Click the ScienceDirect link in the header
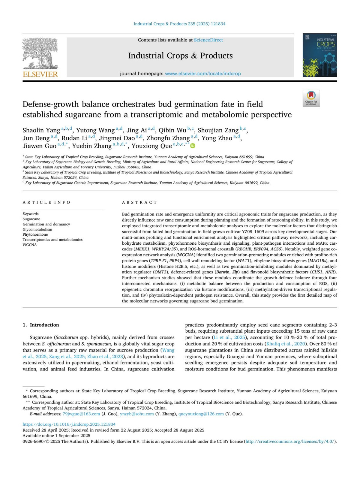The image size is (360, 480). point(208,40)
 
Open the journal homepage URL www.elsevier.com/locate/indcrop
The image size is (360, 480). point(203,74)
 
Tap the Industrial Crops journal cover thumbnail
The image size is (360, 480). point(319,56)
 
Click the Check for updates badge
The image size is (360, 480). point(311,98)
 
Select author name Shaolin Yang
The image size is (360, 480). point(41,130)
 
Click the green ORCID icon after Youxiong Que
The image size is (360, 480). point(193,146)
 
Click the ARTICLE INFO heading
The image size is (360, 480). point(46,202)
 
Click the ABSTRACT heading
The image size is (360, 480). point(139,202)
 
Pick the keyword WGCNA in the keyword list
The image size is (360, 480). point(30,245)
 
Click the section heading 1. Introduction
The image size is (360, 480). point(41,325)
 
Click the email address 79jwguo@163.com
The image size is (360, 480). point(81,414)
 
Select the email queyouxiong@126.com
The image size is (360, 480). point(201,414)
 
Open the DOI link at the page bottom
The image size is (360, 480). point(69,424)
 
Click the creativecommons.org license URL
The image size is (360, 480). point(290,441)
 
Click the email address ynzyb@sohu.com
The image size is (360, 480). point(137,414)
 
